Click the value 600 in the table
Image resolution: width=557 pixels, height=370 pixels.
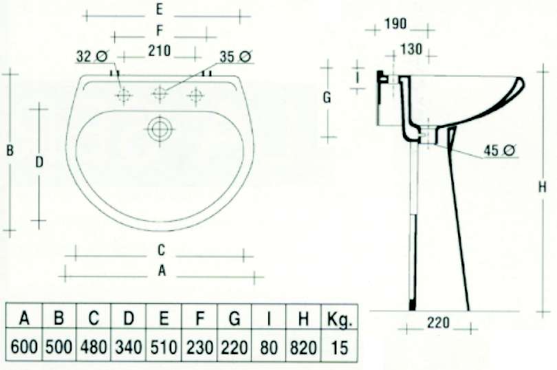24,347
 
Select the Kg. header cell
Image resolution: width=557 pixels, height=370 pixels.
340,318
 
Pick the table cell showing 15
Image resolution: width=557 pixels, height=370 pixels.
340,347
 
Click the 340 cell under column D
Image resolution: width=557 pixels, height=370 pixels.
129,347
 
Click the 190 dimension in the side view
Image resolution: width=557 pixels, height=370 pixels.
395,24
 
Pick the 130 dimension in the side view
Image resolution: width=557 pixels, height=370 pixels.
411,50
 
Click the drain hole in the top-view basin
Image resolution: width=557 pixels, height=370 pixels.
160,128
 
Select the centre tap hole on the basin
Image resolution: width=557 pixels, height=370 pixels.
160,95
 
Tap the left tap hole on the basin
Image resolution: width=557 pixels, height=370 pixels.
124,96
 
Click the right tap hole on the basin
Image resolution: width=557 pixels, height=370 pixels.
195,96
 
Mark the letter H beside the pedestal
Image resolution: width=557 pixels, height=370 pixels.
542,186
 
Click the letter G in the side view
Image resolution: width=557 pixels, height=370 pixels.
327,98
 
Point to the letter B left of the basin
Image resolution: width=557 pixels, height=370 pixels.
10,151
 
